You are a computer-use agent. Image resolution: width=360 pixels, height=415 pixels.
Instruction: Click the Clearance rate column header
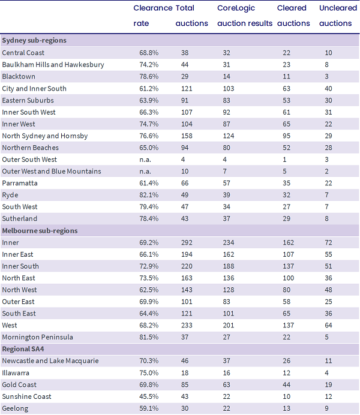pos(153,16)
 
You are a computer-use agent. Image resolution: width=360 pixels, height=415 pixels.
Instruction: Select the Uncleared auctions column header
pos(338,16)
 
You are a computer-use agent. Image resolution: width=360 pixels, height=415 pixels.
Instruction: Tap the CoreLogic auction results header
pos(245,16)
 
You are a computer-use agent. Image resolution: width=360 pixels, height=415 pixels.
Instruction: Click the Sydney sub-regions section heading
pos(34,41)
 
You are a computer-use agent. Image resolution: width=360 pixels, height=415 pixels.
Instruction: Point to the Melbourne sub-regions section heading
pos(40,231)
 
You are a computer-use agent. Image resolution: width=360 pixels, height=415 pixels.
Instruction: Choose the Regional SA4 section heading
pos(23,349)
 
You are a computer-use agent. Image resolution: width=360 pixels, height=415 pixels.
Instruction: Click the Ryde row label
pos(10,196)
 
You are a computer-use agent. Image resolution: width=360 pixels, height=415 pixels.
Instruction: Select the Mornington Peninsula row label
pos(37,337)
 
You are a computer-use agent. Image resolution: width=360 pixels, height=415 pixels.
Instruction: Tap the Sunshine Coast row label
pos(26,396)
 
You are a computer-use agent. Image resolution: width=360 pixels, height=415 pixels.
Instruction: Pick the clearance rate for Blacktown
pos(149,77)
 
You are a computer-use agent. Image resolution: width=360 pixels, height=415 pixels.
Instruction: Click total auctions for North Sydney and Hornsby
pos(187,136)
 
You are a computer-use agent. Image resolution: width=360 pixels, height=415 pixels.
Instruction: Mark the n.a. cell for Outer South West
pos(145,160)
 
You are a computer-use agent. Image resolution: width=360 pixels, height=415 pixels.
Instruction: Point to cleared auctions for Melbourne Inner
pos(288,242)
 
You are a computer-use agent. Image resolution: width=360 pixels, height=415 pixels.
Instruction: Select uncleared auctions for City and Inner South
pos(328,88)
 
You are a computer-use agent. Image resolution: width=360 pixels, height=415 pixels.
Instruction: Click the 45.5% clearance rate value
pos(149,396)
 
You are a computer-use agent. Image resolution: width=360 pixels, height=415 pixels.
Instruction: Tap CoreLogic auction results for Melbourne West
pos(228,325)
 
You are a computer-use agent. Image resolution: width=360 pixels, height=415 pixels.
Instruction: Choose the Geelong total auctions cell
pos(185,408)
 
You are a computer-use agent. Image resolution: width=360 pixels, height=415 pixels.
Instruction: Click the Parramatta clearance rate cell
pos(149,183)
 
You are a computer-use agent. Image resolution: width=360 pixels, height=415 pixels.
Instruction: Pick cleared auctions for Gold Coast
pos(286,384)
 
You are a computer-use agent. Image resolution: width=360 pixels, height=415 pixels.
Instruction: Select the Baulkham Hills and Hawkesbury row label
pos(53,65)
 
